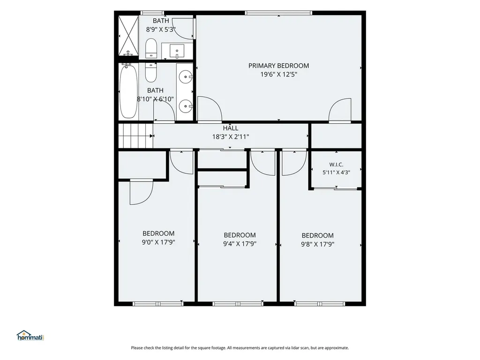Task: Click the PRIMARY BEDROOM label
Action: click(278, 66)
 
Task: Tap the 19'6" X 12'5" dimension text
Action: click(278, 74)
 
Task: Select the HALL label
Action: click(231, 128)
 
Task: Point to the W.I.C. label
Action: click(336, 165)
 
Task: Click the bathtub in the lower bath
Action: click(128, 91)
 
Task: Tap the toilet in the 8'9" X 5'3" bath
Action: click(151, 48)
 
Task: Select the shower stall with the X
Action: click(128, 35)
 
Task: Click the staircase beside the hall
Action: click(135, 135)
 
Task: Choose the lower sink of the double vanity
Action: click(186, 106)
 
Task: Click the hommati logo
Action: click(30, 336)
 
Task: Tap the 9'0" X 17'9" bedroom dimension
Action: click(158, 242)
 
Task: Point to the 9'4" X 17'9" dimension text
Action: click(240, 244)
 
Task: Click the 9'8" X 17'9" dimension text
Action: click(317, 244)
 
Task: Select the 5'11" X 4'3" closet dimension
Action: click(336, 172)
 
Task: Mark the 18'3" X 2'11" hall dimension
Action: click(231, 136)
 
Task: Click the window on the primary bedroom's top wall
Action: click(278, 13)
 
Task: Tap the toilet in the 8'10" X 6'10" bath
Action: click(150, 72)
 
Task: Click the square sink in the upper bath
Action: click(177, 51)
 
